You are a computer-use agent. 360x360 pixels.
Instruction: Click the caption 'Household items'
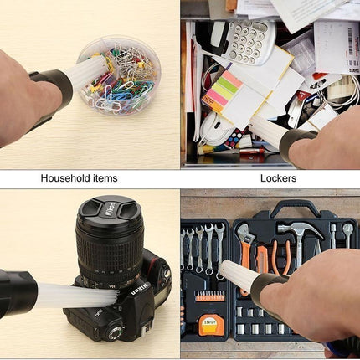(79, 178)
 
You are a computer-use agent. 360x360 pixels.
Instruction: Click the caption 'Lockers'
(278, 178)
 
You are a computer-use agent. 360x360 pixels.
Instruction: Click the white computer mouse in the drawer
(216, 128)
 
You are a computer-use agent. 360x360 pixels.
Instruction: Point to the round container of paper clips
(119, 75)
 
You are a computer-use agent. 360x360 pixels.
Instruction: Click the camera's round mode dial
(115, 334)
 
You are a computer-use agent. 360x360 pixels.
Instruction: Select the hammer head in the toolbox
(300, 229)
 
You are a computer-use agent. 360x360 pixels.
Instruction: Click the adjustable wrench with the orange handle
(245, 251)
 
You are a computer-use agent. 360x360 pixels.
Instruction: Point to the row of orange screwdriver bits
(210, 296)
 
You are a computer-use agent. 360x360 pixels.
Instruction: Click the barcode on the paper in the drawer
(350, 41)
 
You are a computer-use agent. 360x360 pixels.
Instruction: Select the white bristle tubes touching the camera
(78, 295)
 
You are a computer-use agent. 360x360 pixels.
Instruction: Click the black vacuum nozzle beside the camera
(18, 293)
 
